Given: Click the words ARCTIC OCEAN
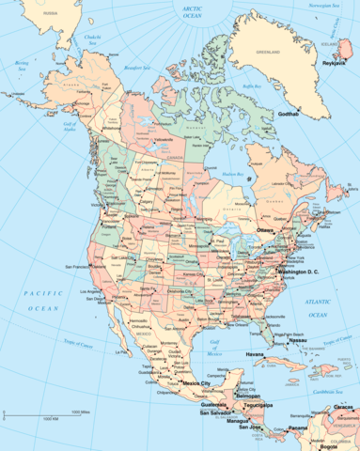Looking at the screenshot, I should pos(194,10).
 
